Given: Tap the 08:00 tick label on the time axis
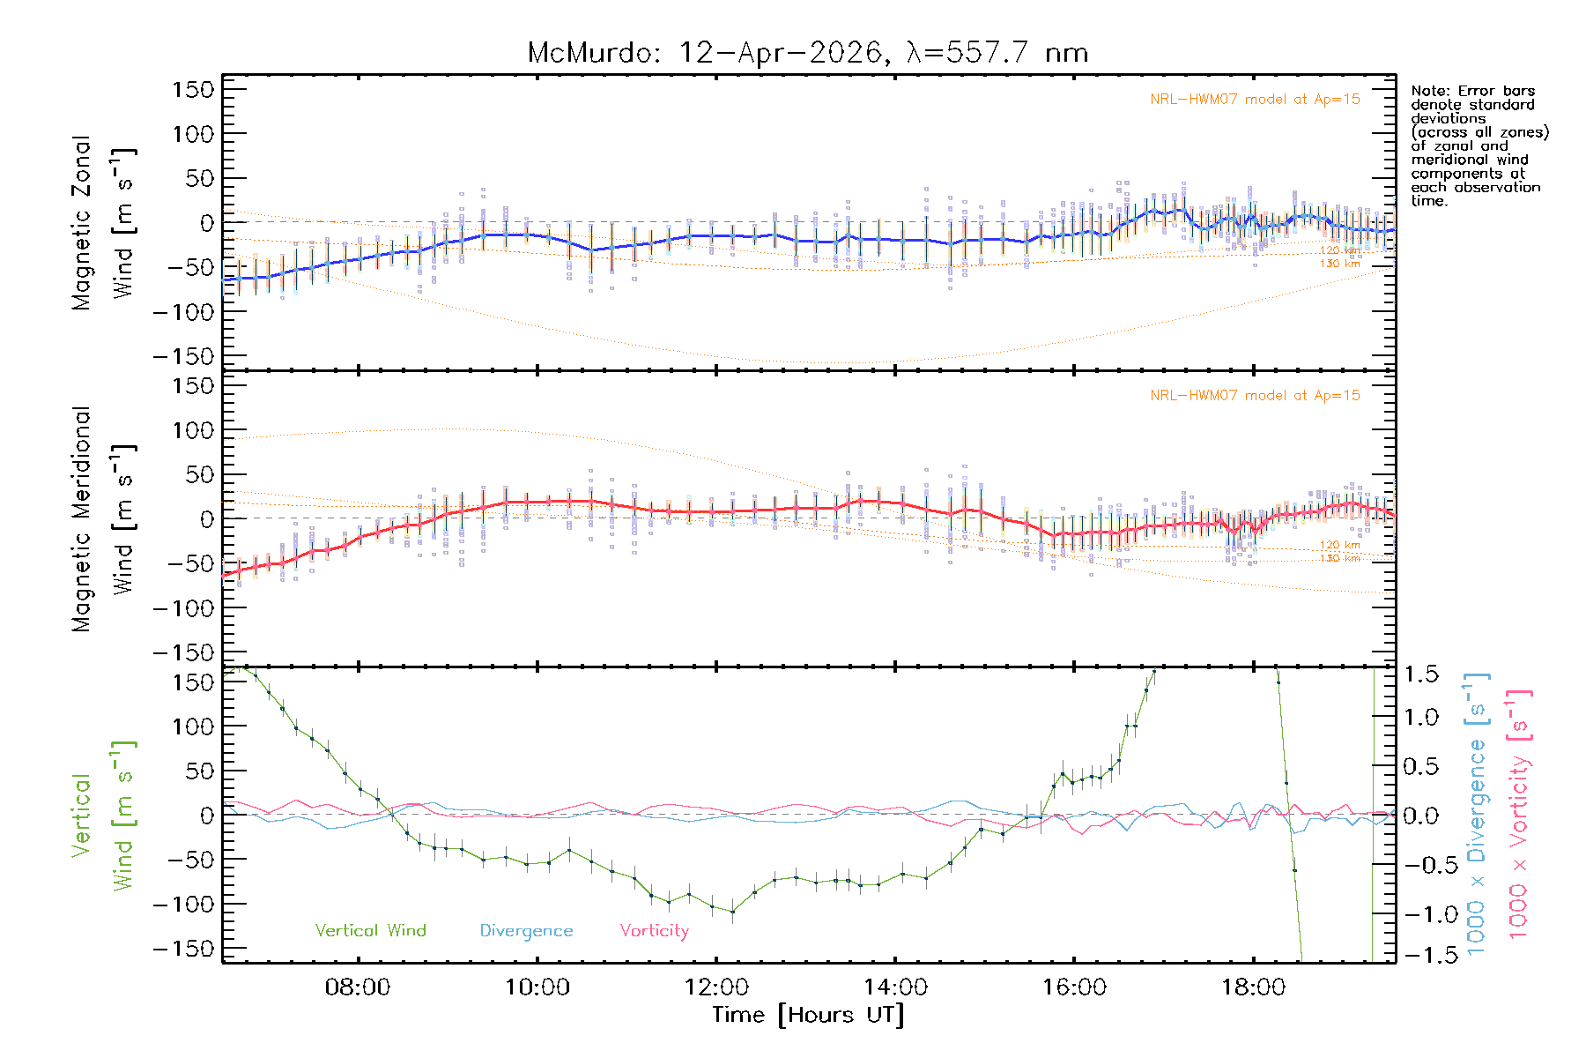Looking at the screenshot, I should pyautogui.click(x=358, y=987).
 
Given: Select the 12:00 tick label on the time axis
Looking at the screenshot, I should pyautogui.click(x=715, y=987).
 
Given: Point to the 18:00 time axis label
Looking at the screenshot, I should pyautogui.click(x=1253, y=987).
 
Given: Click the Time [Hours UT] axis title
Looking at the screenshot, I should pyautogui.click(x=808, y=1015).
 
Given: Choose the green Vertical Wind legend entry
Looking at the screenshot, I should pyautogui.click(x=370, y=930).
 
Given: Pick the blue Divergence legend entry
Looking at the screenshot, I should pyautogui.click(x=526, y=930).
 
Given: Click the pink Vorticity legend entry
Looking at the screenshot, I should pyautogui.click(x=654, y=930).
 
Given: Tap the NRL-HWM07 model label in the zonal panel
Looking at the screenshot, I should pyautogui.click(x=1255, y=100).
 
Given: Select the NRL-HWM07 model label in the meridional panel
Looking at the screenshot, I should pyautogui.click(x=1255, y=396).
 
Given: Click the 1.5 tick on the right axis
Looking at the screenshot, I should pyautogui.click(x=1420, y=674).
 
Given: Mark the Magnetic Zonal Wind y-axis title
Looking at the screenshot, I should pyautogui.click(x=103, y=222).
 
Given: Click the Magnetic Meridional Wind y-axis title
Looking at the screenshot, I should pyautogui.click(x=103, y=519).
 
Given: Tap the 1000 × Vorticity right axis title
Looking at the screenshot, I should pyautogui.click(x=1519, y=814).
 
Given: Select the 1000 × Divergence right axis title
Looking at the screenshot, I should pyautogui.click(x=1477, y=814).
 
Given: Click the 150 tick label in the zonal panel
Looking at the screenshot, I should pyautogui.click(x=193, y=89).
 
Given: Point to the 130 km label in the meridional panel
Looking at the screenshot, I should pyautogui.click(x=1339, y=558).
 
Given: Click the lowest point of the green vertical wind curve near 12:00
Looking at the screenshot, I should pyautogui.click(x=732, y=912).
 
